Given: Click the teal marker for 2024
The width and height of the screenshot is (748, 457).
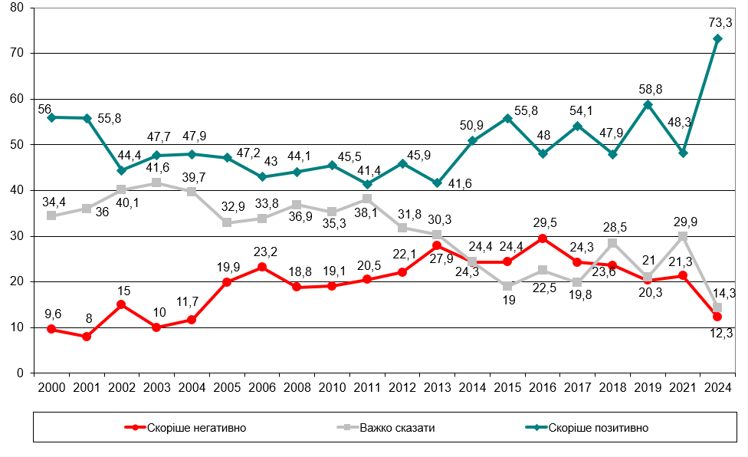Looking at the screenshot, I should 717,38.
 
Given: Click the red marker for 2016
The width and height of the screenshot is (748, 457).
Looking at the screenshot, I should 542,238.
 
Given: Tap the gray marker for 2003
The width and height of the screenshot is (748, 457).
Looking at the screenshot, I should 156,182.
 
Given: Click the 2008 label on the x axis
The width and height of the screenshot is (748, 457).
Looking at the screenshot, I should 297,386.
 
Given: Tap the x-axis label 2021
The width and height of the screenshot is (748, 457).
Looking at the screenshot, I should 682,386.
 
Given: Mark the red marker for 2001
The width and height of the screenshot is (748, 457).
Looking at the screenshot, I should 87,337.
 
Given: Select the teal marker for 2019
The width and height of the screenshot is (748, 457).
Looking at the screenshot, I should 648,104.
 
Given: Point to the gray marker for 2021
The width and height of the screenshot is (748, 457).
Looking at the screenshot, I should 682,237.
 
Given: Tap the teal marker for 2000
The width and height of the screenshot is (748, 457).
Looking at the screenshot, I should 51,117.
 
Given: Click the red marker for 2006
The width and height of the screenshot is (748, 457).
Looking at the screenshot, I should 261,267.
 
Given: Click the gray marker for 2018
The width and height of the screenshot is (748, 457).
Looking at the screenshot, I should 612,243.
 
